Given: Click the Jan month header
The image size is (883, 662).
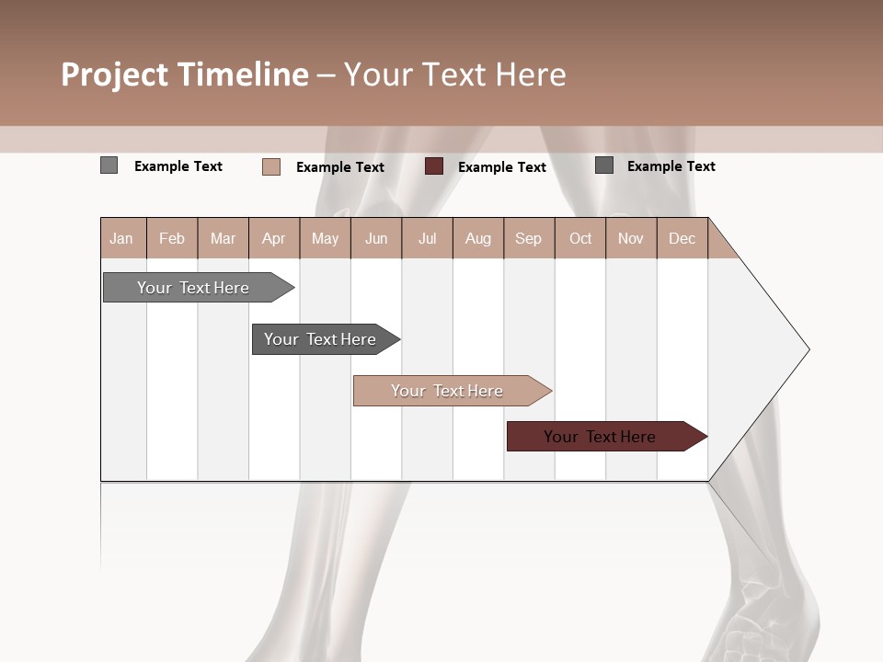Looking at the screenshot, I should (121, 238).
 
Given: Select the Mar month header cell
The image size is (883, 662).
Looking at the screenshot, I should (223, 238).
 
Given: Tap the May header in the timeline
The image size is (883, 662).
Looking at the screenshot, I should (325, 238).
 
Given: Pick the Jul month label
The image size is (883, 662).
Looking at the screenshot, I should (427, 238).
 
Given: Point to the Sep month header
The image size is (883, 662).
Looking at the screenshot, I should (528, 238).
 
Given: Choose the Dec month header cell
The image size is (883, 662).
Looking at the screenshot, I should (682, 238).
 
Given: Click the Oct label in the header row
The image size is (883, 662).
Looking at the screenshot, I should (580, 238).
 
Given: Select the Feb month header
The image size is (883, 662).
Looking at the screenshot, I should (172, 238).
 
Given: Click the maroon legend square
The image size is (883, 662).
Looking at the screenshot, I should (434, 166).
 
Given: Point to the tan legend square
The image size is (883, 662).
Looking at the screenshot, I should (271, 166).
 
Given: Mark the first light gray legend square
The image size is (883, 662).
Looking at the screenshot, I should (109, 165).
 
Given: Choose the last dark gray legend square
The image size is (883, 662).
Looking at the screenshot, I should (604, 165).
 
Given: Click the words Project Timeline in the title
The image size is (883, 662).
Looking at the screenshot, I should (185, 74).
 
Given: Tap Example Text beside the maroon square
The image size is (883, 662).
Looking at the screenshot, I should (502, 167).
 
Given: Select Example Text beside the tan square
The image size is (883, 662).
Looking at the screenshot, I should (340, 167).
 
